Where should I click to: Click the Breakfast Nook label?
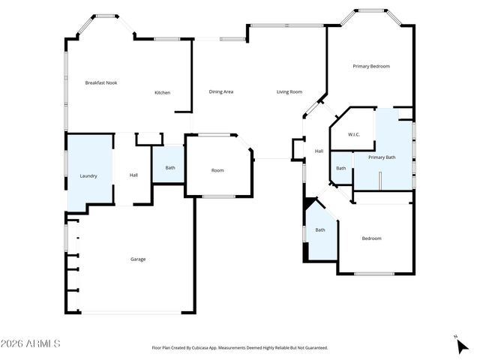click(101, 83)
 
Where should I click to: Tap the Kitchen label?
click(162, 93)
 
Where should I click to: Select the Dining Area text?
click(220, 91)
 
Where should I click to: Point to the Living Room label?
click(289, 91)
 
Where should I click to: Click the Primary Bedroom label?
click(371, 67)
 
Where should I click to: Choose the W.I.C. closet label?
click(354, 135)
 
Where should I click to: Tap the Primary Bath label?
click(382, 157)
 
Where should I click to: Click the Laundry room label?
click(88, 175)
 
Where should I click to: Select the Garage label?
click(138, 259)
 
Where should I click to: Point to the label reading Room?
click(217, 170)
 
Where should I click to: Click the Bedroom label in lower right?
click(371, 238)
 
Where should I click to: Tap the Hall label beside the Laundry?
click(133, 175)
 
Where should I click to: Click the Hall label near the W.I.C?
click(319, 151)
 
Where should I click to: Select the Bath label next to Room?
click(170, 168)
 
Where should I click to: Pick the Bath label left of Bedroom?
click(320, 230)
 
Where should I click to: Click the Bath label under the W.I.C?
click(341, 168)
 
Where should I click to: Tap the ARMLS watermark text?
click(31, 343)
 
